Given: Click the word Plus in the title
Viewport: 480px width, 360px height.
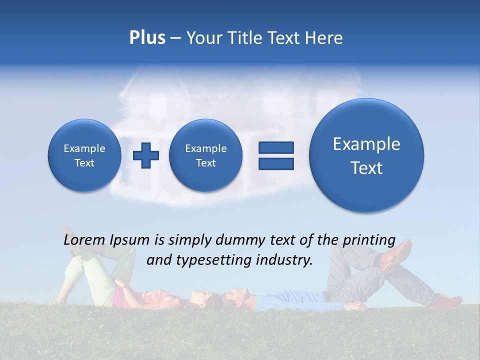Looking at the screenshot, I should pyautogui.click(x=147, y=38).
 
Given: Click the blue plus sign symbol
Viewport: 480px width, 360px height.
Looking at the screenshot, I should pyautogui.click(x=145, y=155).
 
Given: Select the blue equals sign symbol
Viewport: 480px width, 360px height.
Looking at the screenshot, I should pyautogui.click(x=275, y=155).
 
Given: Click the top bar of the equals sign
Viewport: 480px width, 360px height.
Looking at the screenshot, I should pyautogui.click(x=275, y=147).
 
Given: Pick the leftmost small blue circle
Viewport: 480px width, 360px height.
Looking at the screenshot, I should pyautogui.click(x=84, y=155).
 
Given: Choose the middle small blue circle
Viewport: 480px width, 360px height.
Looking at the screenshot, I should pyautogui.click(x=205, y=155).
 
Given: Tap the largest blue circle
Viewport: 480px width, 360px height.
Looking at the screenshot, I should pyautogui.click(x=366, y=155).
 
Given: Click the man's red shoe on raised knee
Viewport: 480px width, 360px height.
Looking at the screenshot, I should pyautogui.click(x=395, y=255).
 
